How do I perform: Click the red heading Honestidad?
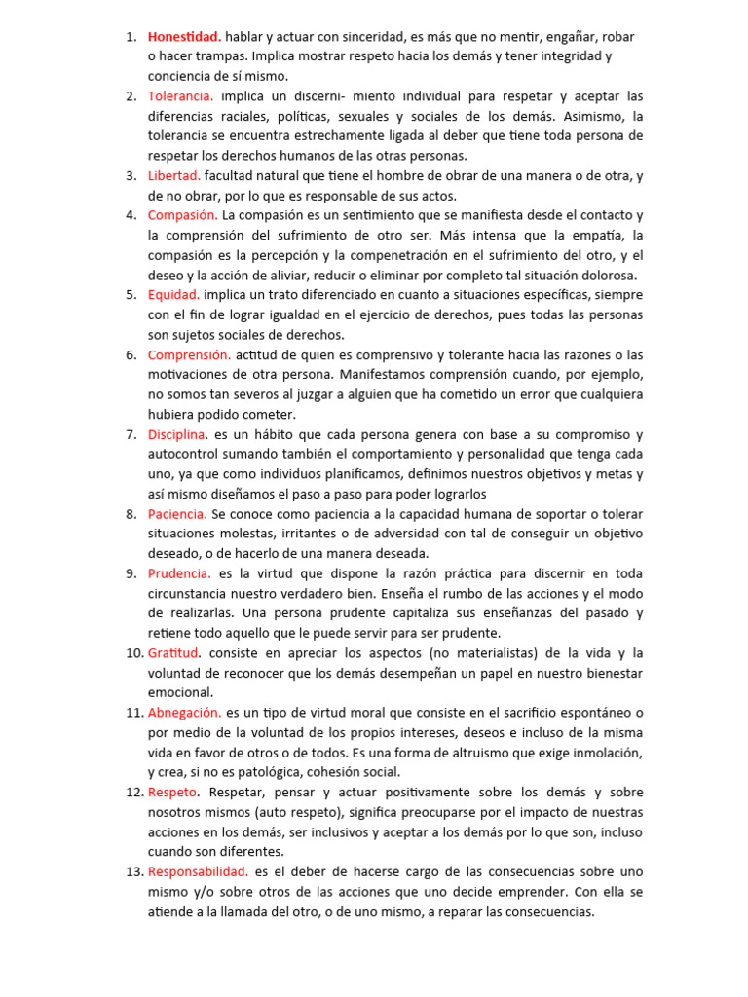point(184,37)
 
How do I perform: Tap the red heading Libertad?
point(173,175)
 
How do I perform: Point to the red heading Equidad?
point(173,294)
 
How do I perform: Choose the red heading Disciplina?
point(177,434)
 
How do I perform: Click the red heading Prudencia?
point(179,573)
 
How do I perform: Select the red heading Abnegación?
point(184,713)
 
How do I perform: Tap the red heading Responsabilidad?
point(198,871)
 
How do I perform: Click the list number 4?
point(131,215)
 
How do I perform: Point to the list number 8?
point(131,513)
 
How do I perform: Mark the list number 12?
point(134,792)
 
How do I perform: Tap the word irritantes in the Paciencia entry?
point(309,534)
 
